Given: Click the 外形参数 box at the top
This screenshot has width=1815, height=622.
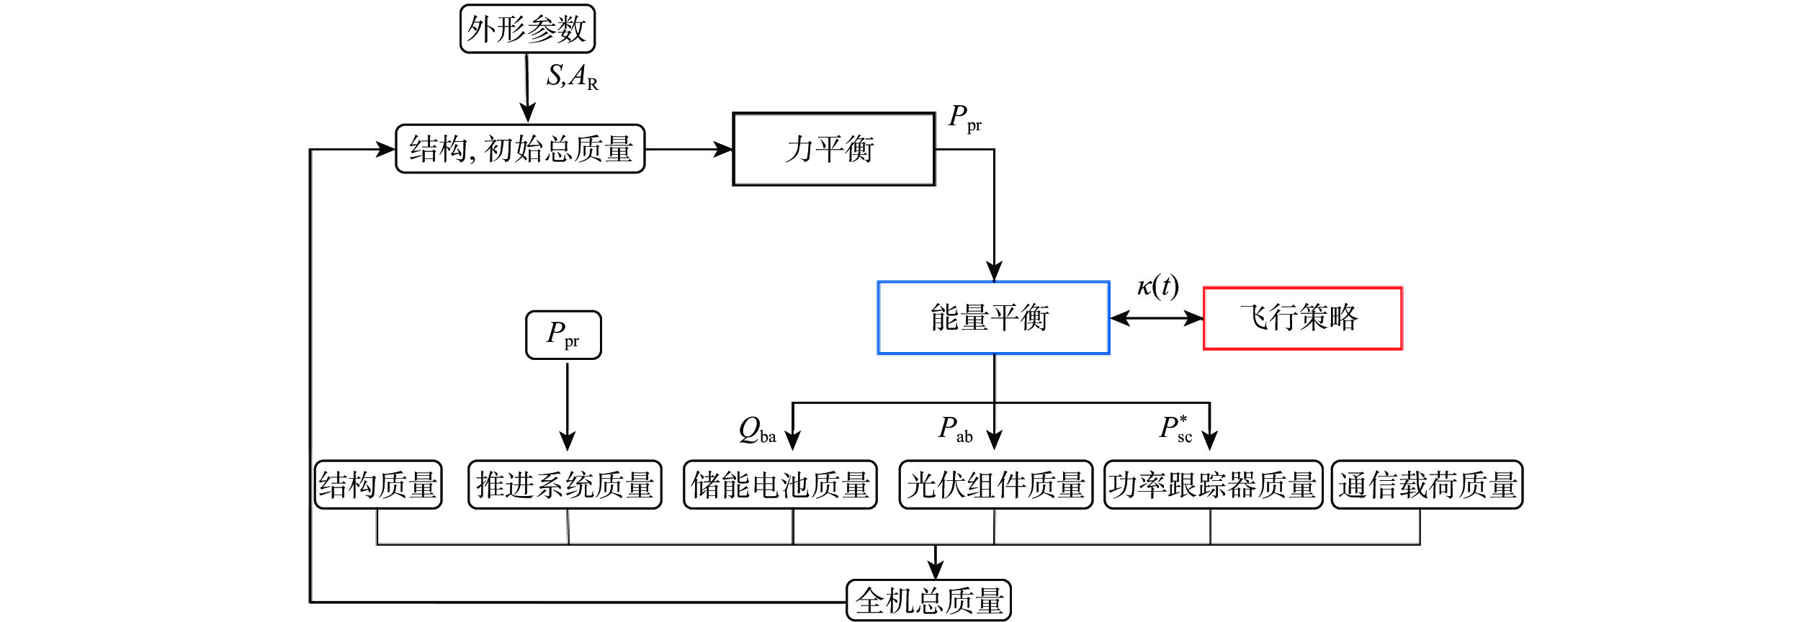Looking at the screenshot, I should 527,30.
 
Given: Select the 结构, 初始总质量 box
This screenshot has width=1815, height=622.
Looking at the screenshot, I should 520,149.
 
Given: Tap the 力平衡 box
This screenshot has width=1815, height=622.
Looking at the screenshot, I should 833,149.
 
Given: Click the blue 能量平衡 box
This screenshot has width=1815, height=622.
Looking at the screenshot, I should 992,317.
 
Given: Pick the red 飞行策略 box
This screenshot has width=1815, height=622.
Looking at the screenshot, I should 1302,318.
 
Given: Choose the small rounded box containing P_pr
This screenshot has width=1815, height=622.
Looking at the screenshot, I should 563,335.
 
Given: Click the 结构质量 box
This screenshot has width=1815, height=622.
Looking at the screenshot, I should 378,484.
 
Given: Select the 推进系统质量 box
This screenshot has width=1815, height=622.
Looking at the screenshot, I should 565,484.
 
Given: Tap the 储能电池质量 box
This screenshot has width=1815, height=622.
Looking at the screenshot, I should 780,484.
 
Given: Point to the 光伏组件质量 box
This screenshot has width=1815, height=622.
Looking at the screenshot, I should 995,484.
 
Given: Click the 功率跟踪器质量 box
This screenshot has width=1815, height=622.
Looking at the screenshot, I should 1213,484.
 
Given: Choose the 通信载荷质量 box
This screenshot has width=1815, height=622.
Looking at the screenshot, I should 1427,484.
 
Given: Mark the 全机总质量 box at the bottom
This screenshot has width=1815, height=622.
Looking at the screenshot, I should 928,600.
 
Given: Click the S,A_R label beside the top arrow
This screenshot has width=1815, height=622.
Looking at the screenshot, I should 572,76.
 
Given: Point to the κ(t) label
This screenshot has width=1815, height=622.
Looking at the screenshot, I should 1157,287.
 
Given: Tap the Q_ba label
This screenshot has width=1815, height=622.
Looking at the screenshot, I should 757,430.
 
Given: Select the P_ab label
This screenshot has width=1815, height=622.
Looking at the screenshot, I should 955,430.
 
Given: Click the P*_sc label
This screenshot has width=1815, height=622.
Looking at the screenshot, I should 1175,428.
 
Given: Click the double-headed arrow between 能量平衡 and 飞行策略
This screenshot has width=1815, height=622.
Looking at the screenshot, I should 1156,318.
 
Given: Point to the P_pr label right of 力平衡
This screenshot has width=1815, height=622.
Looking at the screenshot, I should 964,118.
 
